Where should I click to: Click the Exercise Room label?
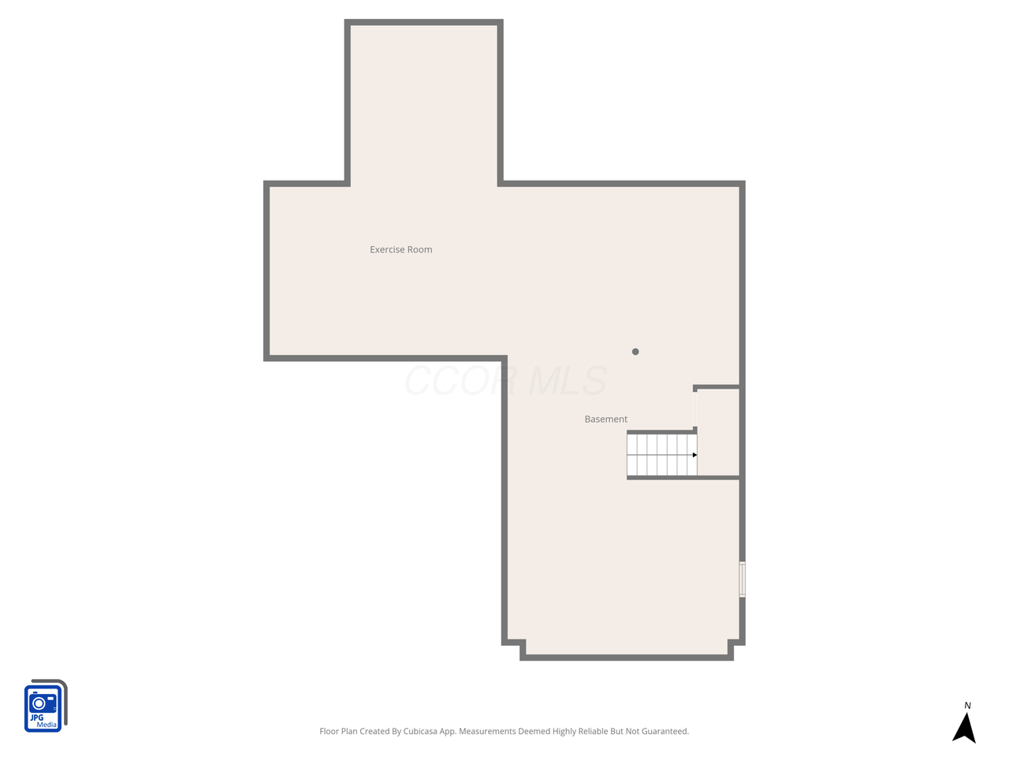(401, 250)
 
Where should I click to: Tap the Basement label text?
(605, 420)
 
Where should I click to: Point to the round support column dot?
(635, 352)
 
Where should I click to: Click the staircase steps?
(661, 455)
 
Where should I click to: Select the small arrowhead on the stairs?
(694, 455)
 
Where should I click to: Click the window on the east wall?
(742, 579)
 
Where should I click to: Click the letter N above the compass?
(967, 706)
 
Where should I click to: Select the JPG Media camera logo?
(46, 706)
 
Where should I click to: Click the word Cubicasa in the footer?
(419, 731)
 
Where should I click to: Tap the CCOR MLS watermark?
(505, 381)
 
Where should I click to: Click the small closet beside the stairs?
(718, 432)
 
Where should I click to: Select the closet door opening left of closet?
(695, 409)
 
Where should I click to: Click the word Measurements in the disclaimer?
(487, 731)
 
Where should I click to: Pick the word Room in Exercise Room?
(419, 250)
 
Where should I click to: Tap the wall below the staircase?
(683, 478)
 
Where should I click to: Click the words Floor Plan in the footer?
(338, 731)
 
